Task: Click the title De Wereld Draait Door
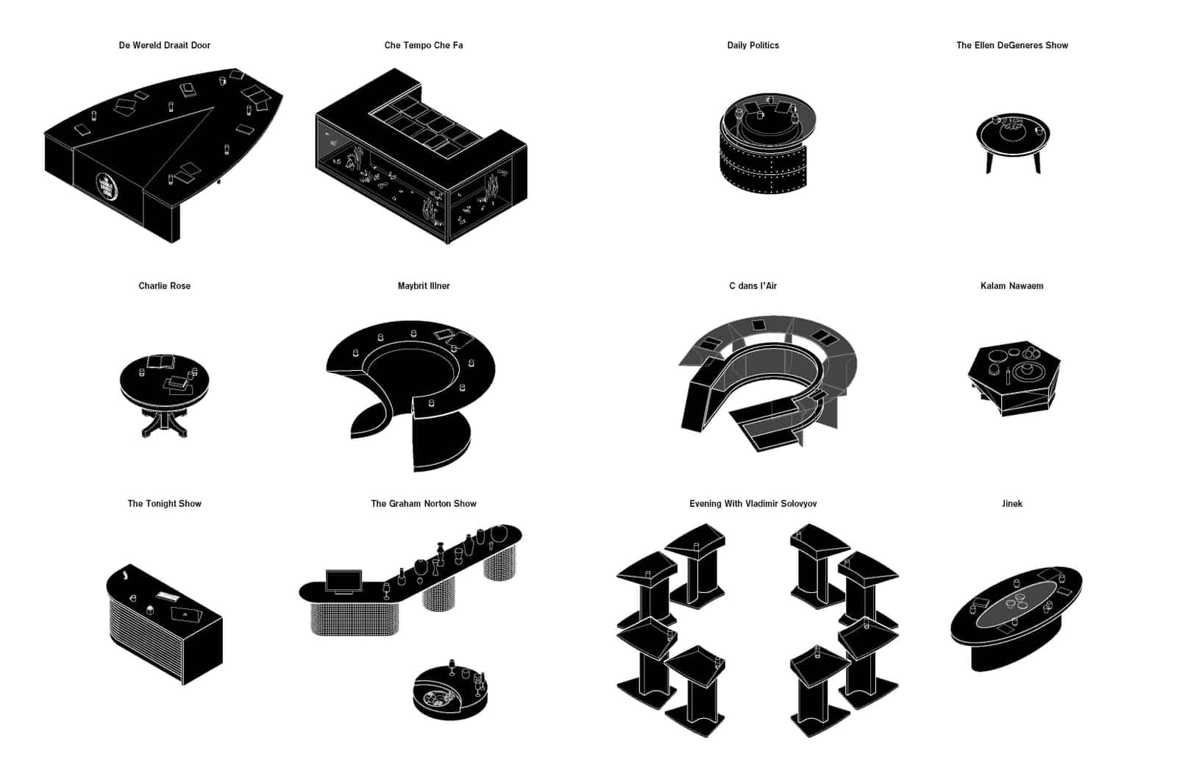tap(165, 45)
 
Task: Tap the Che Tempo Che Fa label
tap(424, 45)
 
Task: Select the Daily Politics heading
tap(753, 45)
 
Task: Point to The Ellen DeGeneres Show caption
tap(1012, 45)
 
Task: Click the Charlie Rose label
tap(165, 286)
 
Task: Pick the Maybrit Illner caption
tap(424, 286)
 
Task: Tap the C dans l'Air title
tap(753, 286)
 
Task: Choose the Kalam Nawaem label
tap(1012, 286)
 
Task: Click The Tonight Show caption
tap(165, 503)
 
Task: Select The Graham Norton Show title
tap(424, 503)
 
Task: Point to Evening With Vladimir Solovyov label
tap(753, 503)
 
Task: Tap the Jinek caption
tap(1012, 503)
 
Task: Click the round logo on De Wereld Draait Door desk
tap(107, 186)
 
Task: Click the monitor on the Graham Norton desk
tap(344, 581)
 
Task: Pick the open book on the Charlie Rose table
tap(162, 361)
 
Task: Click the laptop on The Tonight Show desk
tap(186, 614)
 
